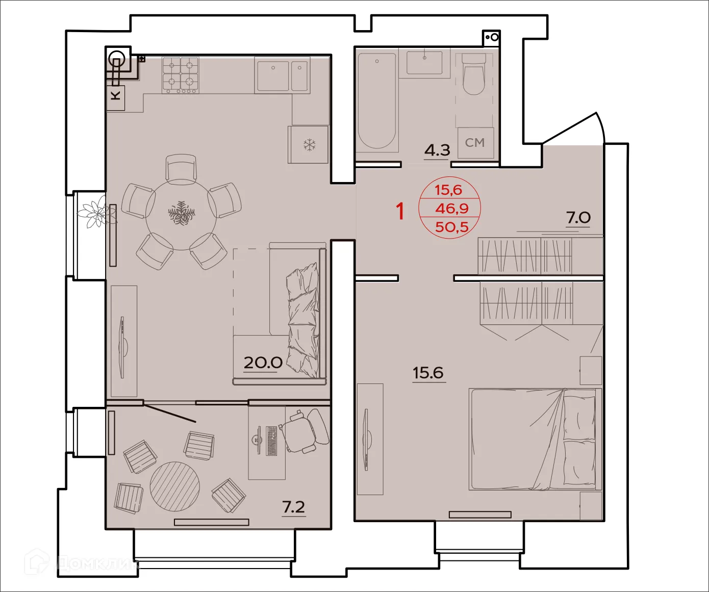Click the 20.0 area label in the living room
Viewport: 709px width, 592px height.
click(x=263, y=363)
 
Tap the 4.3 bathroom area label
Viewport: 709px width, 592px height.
click(x=437, y=150)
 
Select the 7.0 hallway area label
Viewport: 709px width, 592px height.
click(x=578, y=218)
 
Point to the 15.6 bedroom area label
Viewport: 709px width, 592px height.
click(x=428, y=373)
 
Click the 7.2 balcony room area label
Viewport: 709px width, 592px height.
click(x=293, y=507)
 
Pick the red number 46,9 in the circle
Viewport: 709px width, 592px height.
click(x=451, y=208)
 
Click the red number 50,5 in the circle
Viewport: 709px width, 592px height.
click(x=451, y=226)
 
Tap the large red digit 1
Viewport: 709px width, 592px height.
click(x=400, y=211)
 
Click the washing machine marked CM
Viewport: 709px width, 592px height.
click(x=475, y=143)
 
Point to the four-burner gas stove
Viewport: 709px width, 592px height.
click(x=181, y=75)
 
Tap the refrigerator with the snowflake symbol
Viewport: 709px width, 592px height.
click(x=309, y=145)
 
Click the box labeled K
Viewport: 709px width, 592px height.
click(x=116, y=95)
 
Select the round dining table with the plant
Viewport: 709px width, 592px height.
click(x=181, y=214)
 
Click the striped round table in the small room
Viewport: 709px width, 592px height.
click(x=174, y=486)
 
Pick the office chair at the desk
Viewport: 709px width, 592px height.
click(x=305, y=431)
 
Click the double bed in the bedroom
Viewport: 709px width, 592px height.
click(x=535, y=440)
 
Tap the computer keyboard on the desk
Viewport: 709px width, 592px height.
click(x=271, y=441)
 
